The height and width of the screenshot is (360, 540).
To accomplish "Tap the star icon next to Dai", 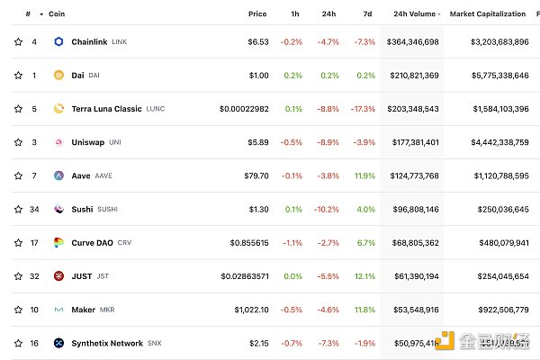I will tap(18, 75).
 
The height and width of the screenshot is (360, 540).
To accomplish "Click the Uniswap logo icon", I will tap(59, 142).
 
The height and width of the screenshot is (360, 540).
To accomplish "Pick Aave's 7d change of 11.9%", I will tap(364, 175).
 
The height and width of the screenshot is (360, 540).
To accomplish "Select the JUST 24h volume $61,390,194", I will tap(412, 275).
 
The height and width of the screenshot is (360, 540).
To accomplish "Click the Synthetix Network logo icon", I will tap(59, 343).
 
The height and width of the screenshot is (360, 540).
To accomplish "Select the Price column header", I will tap(257, 13).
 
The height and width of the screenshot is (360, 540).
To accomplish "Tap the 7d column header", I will tap(367, 13).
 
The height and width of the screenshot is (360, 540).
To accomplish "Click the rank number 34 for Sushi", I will tap(34, 209).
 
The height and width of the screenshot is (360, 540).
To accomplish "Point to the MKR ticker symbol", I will tap(107, 310).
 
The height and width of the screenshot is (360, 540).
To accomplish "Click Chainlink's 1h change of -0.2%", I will tap(292, 41).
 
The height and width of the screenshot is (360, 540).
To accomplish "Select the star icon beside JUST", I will tap(18, 275).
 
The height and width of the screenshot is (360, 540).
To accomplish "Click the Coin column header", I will tap(57, 13).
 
